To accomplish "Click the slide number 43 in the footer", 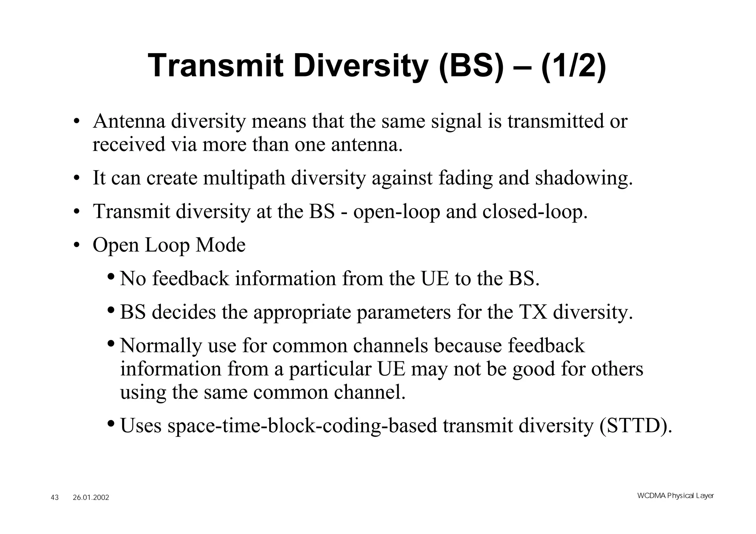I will [x=55, y=497].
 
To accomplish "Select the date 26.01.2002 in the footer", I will [x=91, y=497].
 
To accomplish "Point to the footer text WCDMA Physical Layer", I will [x=675, y=496].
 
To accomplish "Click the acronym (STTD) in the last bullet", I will [x=635, y=426].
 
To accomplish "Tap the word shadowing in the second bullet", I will [x=584, y=178].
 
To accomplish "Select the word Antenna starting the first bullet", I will [x=129, y=121].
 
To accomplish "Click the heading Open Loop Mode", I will [x=169, y=245].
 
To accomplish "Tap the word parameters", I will [x=403, y=313].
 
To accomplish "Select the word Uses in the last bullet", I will [x=141, y=426].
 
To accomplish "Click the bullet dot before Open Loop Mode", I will [x=76, y=245].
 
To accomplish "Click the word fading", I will [x=465, y=179].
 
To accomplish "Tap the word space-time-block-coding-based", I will [x=302, y=426].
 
